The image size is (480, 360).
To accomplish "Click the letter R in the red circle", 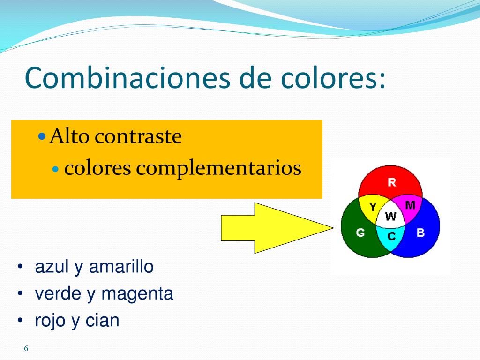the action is click(x=392, y=182).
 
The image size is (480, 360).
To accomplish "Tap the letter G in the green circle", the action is click(x=360, y=232).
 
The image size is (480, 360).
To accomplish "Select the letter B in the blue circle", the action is click(x=420, y=232).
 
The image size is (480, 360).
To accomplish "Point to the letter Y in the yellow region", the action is click(x=373, y=207).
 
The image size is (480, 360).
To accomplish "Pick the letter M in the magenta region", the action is click(x=410, y=204).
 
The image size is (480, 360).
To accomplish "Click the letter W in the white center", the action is click(x=390, y=217).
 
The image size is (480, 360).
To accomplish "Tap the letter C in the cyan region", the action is click(x=391, y=236).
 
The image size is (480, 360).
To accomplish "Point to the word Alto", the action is click(x=69, y=136).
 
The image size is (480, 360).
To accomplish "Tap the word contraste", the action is click(x=138, y=136).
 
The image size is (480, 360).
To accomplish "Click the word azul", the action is click(x=52, y=266).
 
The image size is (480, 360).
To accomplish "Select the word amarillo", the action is click(x=121, y=266).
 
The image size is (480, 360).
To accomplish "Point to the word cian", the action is click(x=102, y=321).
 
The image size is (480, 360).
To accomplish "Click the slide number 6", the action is click(x=26, y=348).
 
